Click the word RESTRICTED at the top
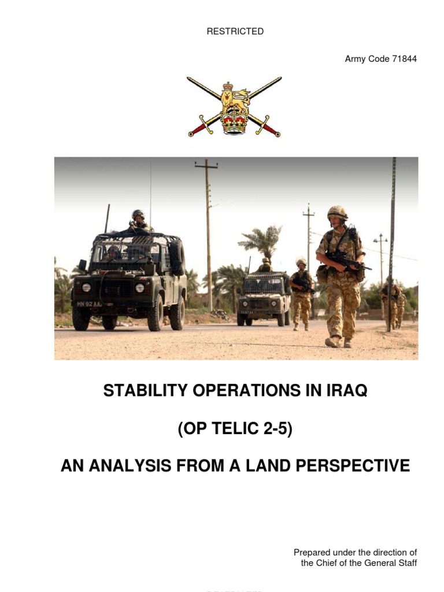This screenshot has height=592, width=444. [235, 31]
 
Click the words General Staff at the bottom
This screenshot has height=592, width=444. [391, 563]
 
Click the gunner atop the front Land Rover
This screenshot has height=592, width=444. [139, 220]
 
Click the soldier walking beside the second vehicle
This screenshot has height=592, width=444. [301, 292]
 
